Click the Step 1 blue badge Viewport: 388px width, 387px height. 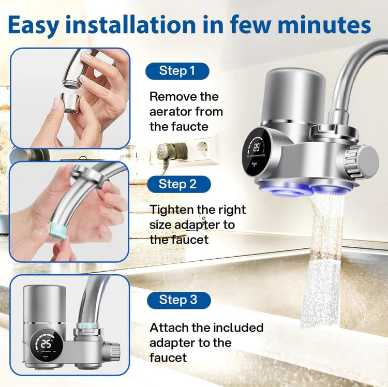coord(177,71)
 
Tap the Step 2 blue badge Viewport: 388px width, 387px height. coord(177,184)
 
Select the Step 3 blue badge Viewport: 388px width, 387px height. coord(177,300)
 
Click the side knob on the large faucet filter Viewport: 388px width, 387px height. coord(364,161)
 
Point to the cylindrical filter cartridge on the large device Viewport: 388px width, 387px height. coord(293,95)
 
